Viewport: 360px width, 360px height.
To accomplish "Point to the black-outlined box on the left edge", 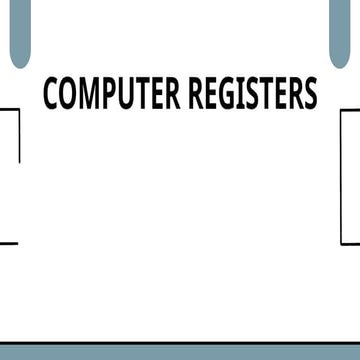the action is click(x=8, y=175).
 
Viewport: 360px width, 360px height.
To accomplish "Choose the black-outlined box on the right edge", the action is click(x=351, y=175).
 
